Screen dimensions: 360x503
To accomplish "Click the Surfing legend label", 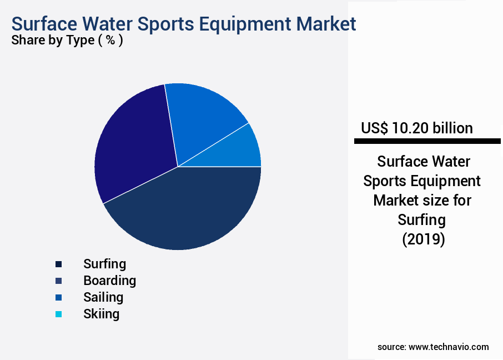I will pos(104,264).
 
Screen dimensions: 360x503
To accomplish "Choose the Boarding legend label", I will pos(109,281).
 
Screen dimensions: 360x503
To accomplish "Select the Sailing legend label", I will pos(103,297).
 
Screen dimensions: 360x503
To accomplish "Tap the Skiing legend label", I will pos(101,314).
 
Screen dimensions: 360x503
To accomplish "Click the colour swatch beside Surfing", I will pos(58,264).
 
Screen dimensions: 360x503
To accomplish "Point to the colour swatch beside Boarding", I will pos(58,281).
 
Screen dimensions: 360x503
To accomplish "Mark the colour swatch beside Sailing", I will pos(58,297).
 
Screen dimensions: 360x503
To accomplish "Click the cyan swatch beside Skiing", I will pos(58,314).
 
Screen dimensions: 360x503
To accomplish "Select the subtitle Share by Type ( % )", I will pos(67,40).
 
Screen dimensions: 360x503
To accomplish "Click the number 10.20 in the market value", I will pos(410,128).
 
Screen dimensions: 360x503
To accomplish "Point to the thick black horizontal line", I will pos(427,142).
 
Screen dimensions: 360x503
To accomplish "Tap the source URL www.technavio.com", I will pos(449,347).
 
